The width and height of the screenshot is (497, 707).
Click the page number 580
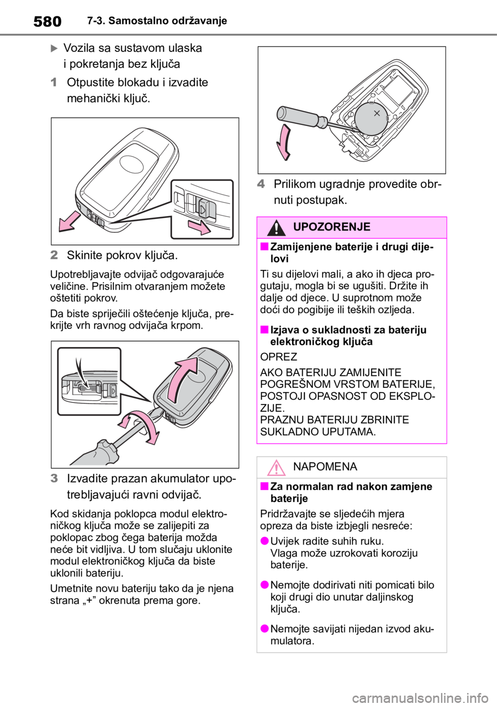(47, 21)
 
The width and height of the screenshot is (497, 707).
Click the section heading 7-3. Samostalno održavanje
(157, 21)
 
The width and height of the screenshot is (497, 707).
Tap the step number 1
(54, 83)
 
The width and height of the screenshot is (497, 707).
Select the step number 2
(54, 255)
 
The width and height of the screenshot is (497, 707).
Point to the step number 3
(54, 479)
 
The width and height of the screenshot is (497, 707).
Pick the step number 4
(260, 184)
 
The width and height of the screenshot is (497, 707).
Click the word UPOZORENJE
(332, 227)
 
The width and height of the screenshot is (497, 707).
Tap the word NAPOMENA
(325, 467)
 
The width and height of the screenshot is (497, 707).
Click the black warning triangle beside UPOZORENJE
(276, 228)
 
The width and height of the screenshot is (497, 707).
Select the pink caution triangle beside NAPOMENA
(276, 468)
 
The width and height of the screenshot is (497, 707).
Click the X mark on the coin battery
(376, 113)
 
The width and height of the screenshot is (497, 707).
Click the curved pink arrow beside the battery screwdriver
(284, 142)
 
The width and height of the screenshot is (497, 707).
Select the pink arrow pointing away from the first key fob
(70, 222)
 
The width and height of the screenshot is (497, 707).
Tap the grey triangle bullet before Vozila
(54, 49)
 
